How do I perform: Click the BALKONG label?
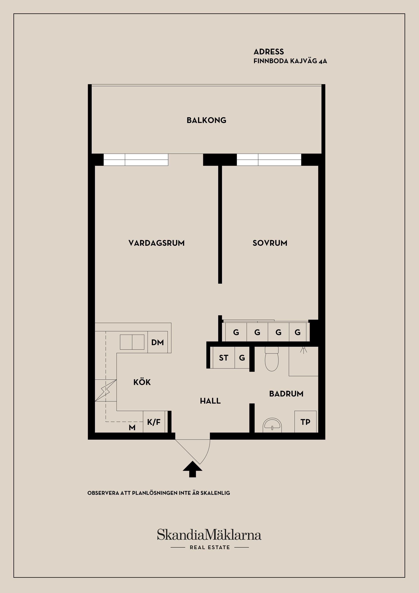point(206,120)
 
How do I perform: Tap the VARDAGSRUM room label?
point(156,243)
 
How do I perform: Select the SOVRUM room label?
point(270,243)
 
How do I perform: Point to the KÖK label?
point(142,382)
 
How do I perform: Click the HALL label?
point(210,401)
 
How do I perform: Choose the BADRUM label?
point(286,394)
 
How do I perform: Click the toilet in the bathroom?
point(272,359)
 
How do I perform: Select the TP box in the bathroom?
point(305,422)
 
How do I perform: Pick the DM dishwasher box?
point(157,342)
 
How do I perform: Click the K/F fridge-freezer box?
point(154,422)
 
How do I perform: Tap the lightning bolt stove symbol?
point(106,391)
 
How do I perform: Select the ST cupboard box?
point(223,358)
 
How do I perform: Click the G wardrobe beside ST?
point(242,358)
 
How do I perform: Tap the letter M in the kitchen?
point(132,428)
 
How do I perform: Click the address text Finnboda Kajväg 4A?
point(290,61)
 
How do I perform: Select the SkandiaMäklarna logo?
point(209,535)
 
